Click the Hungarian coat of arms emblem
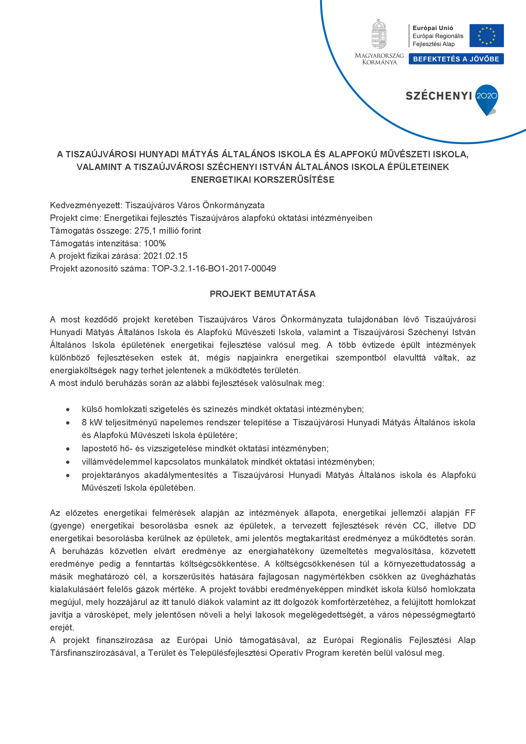[379, 34]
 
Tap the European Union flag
[486, 36]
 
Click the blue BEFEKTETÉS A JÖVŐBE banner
[456, 59]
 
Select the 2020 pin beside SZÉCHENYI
[486, 98]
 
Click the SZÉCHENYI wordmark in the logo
[438, 96]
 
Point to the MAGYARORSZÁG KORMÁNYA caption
[379, 59]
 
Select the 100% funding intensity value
[155, 243]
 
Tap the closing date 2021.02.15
[166, 256]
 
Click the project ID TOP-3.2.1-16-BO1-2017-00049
[214, 269]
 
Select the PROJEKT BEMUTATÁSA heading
[263, 294]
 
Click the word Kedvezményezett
[86, 205]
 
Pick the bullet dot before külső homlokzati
[68, 409]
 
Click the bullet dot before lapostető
[68, 449]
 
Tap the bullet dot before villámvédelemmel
[68, 462]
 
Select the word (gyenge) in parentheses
[67, 526]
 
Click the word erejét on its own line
[62, 627]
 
